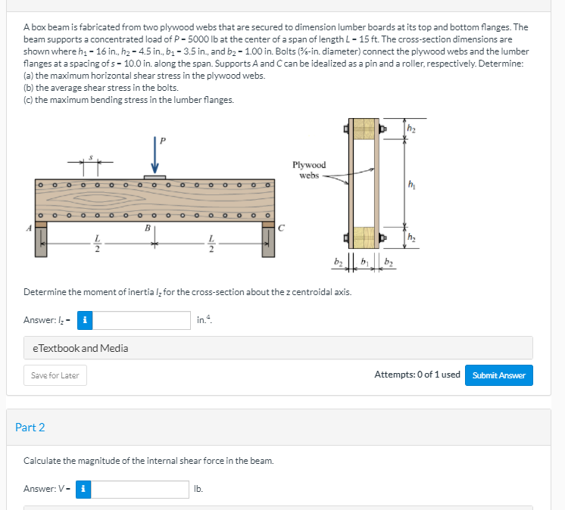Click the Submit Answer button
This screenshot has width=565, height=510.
(498, 375)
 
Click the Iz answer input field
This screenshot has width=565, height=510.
(142, 320)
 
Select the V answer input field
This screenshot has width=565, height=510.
(142, 490)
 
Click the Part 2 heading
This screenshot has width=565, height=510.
(30, 428)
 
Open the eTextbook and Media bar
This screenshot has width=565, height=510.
(278, 348)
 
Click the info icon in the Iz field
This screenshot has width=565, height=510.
(86, 320)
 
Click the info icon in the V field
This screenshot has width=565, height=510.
(86, 490)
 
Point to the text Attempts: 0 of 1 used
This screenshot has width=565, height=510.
(417, 375)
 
